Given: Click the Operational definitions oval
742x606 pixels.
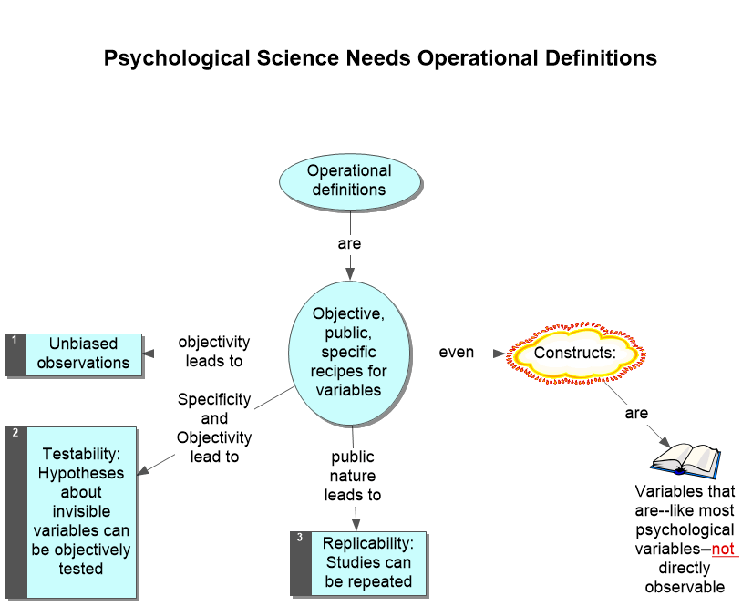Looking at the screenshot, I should click(349, 180).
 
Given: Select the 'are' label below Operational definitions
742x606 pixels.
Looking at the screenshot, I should click(349, 244).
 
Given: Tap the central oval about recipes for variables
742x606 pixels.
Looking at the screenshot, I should click(349, 352).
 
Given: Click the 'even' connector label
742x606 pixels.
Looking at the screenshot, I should click(457, 352).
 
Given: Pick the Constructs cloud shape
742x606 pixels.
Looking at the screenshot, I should click(575, 352).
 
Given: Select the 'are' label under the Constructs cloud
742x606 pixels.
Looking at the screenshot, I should click(635, 413).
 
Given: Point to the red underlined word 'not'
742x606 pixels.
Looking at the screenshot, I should click(723, 549).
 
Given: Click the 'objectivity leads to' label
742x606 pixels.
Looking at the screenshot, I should click(214, 352).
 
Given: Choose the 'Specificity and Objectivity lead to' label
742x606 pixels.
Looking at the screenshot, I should click(214, 428).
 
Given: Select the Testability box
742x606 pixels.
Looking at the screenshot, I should click(82, 510).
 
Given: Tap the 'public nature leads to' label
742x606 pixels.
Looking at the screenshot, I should click(353, 476).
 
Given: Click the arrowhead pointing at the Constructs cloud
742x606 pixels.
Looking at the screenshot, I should click(497, 353).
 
